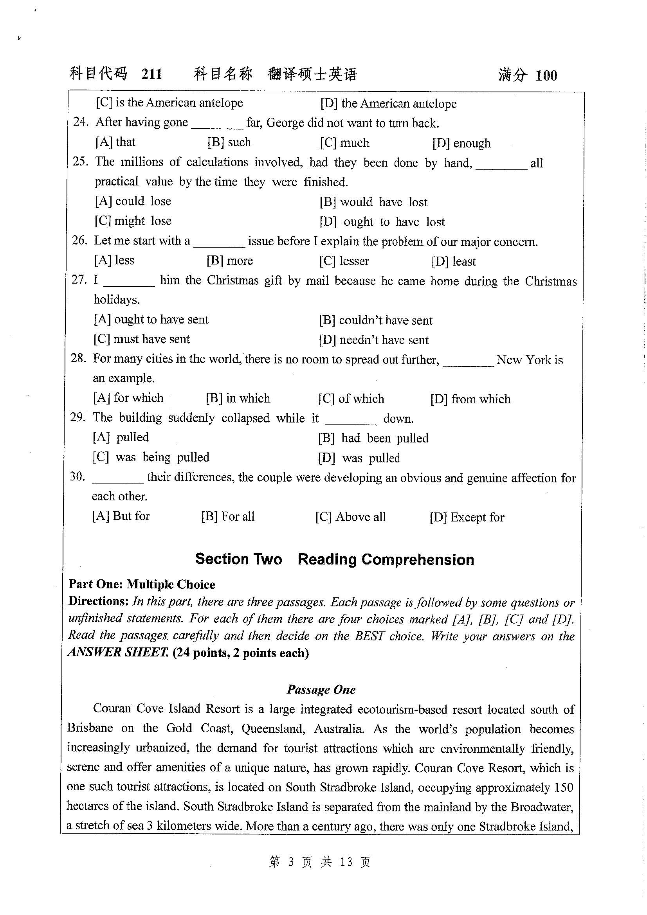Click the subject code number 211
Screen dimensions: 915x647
click(151, 74)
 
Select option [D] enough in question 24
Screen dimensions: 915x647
click(461, 143)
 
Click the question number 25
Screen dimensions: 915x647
click(81, 162)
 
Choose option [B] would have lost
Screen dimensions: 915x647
click(373, 202)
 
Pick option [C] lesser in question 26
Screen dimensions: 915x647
click(344, 261)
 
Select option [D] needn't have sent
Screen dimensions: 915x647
click(373, 340)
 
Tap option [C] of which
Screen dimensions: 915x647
click(351, 399)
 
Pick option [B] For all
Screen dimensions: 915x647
click(228, 516)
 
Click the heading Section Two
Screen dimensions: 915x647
click(238, 559)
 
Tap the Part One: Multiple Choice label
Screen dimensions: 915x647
click(142, 584)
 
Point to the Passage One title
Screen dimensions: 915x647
click(321, 690)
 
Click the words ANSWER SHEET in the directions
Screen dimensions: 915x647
click(117, 653)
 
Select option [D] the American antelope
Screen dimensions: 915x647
click(388, 104)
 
